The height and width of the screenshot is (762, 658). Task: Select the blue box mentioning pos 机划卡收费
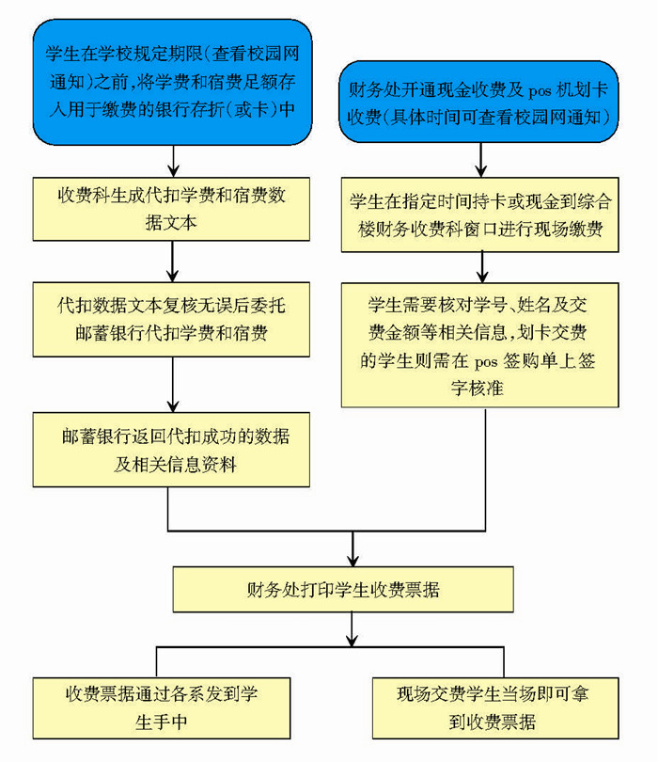point(479,103)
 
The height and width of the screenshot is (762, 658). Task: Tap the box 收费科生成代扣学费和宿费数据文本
point(172,209)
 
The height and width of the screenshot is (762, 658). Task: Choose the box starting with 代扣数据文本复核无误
point(172,318)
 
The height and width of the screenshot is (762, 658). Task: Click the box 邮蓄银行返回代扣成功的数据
point(172,449)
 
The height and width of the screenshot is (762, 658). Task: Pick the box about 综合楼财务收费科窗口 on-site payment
point(479,214)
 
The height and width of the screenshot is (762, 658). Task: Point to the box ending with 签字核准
point(479,344)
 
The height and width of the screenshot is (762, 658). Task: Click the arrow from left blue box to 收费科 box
point(172,162)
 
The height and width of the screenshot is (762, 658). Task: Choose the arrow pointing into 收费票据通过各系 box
point(156,662)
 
